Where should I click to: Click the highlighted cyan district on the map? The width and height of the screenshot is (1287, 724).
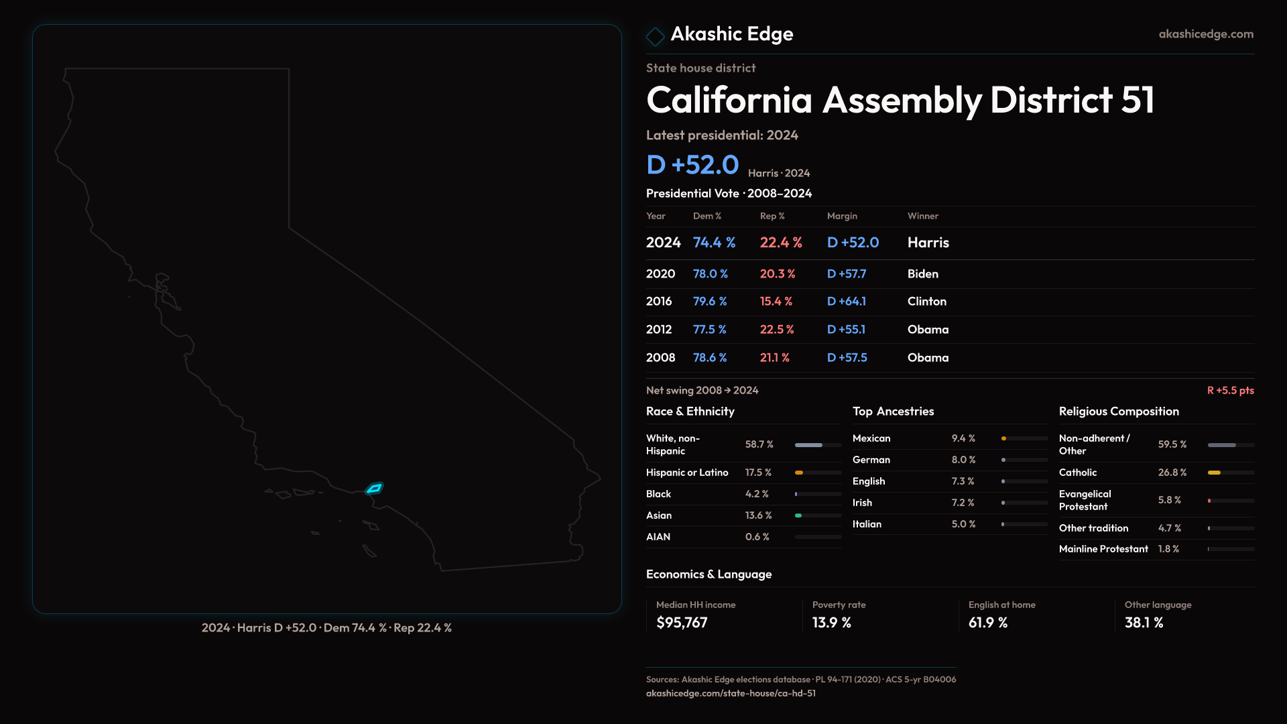[374, 488]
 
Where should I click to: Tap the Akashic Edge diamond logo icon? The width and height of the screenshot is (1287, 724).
[655, 36]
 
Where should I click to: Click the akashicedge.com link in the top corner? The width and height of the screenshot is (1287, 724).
[1205, 34]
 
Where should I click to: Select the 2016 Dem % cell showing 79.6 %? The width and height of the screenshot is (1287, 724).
[709, 302]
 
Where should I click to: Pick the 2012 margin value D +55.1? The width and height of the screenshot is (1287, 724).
[846, 330]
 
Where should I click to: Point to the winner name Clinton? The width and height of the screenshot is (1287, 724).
[926, 302]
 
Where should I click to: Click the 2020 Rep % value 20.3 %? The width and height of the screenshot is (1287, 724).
[777, 274]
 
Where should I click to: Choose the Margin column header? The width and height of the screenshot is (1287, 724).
[842, 216]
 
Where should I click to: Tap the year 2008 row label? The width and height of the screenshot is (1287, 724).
[660, 358]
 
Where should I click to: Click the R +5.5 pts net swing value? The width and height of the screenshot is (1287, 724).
[1230, 390]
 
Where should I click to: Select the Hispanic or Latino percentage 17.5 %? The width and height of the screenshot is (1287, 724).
[758, 473]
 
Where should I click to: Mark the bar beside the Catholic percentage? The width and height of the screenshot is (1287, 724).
[1230, 473]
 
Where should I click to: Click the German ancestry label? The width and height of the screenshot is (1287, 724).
[871, 460]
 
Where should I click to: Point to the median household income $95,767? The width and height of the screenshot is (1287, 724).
[682, 623]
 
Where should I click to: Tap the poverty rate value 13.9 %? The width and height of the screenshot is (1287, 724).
[831, 623]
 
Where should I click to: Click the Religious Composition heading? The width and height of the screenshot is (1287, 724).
[1118, 412]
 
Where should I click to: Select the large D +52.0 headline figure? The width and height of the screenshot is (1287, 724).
[692, 165]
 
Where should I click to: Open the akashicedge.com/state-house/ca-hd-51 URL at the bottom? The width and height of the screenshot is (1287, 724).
[731, 693]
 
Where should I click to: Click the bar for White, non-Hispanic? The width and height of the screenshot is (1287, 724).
[817, 445]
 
